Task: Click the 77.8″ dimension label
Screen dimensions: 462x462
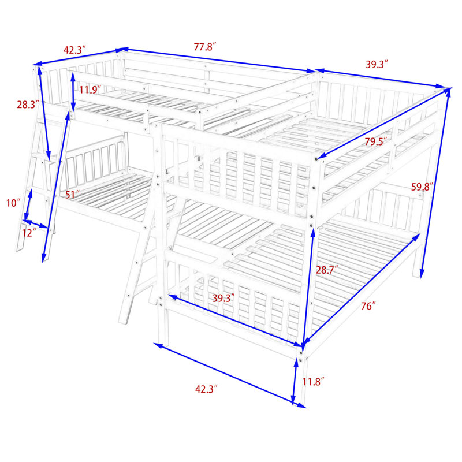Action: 205,47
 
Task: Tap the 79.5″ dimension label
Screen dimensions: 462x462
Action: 376,141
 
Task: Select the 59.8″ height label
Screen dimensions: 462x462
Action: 423,187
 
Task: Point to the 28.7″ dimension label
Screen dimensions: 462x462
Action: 327,270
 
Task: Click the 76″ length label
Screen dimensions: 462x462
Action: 368,306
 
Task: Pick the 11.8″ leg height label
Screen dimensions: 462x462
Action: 313,382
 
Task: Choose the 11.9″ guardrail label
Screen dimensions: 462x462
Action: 90,90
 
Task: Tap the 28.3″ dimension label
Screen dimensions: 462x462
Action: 28,105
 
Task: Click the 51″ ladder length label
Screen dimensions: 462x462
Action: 73,195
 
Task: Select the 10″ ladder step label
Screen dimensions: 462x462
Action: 13,203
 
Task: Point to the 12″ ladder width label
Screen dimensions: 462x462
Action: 29,233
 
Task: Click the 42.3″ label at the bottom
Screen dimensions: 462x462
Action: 207,389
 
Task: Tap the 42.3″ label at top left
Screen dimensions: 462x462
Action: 75,50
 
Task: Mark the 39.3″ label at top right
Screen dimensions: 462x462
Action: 377,64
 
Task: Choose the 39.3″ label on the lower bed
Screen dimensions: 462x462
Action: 223,298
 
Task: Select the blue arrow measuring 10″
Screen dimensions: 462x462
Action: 28,205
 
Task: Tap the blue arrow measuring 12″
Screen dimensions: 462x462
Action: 36,223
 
